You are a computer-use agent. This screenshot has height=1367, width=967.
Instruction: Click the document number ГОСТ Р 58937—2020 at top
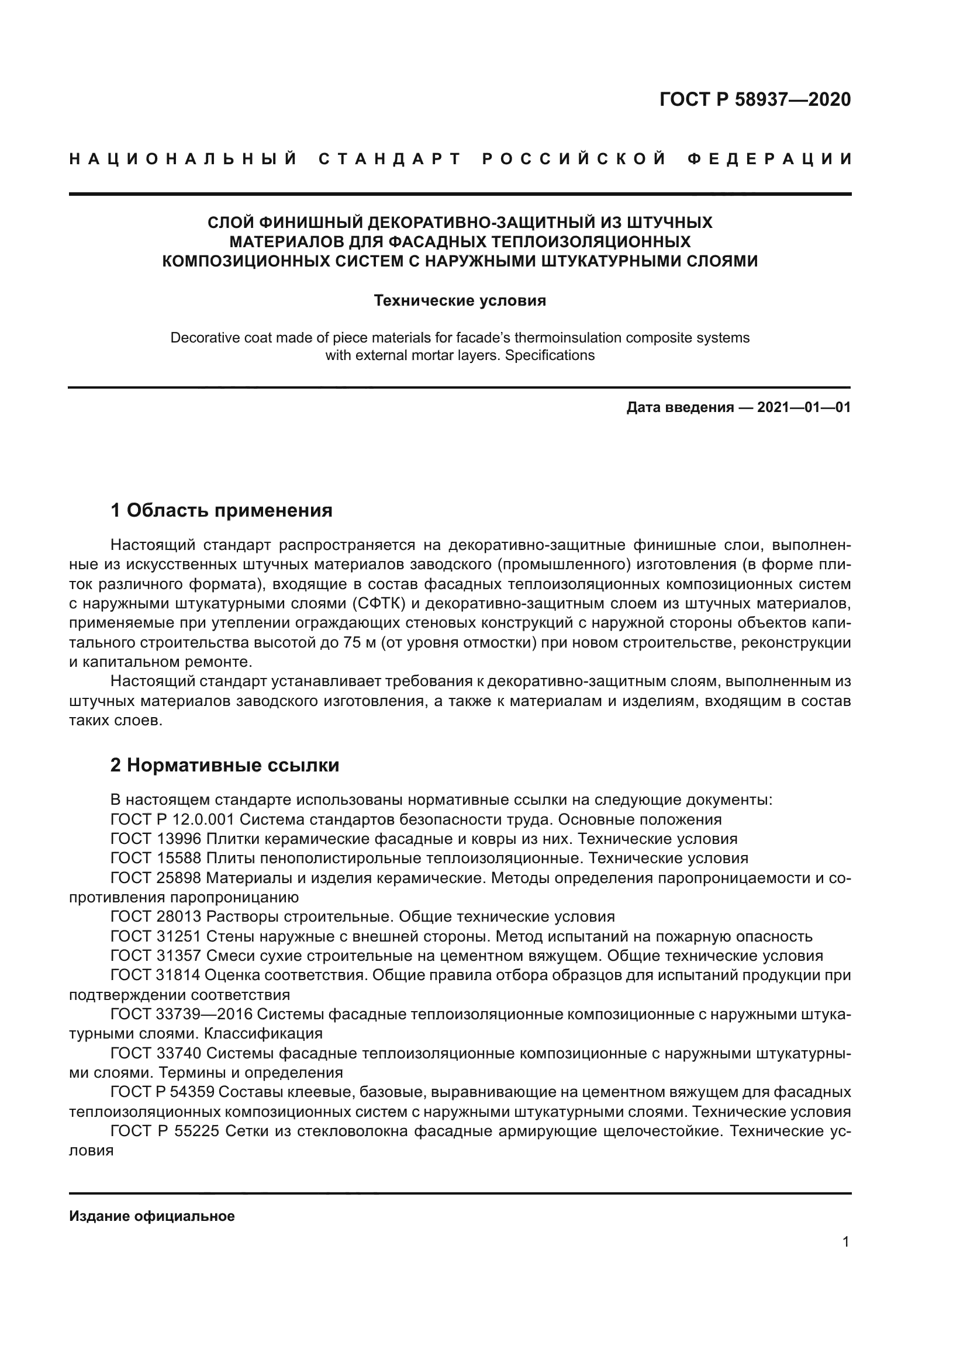click(x=755, y=99)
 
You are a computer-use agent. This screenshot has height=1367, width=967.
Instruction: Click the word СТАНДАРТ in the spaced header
click(x=390, y=159)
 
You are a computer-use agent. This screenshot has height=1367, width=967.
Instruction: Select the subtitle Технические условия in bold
click(x=460, y=300)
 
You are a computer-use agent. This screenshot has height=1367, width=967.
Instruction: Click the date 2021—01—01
click(x=804, y=408)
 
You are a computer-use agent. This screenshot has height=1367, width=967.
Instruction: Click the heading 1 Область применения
click(x=221, y=510)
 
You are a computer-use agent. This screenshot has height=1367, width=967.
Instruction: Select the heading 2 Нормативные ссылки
click(x=225, y=765)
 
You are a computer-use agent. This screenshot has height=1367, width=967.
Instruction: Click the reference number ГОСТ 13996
click(x=157, y=839)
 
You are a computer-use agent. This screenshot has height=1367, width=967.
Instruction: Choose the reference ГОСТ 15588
click(x=157, y=859)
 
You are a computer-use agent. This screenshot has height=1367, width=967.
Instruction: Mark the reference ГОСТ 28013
click(x=157, y=917)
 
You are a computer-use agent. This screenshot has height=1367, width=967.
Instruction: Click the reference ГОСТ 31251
click(x=157, y=936)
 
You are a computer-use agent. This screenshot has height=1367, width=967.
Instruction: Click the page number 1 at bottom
click(x=845, y=1242)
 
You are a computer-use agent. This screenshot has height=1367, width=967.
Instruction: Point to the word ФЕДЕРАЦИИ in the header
click(x=769, y=159)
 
